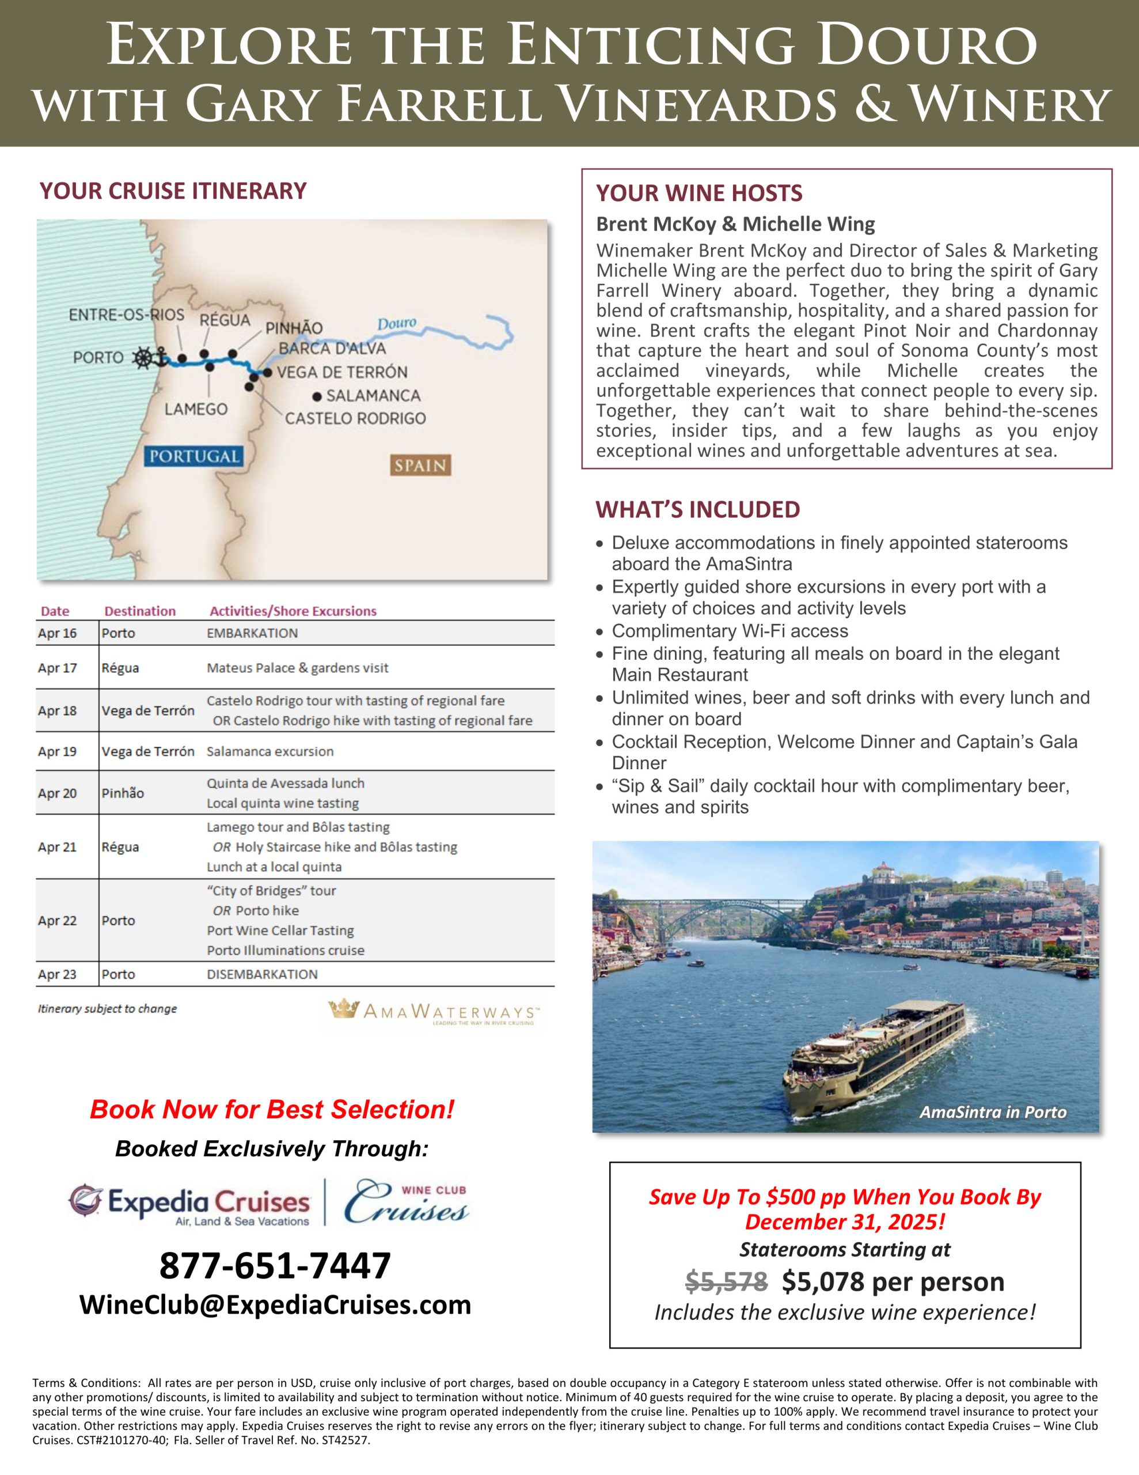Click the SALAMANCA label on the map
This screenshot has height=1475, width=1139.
pyautogui.click(x=373, y=396)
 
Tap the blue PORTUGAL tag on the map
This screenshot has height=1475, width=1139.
pyautogui.click(x=194, y=456)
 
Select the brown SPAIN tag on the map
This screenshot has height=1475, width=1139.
pyautogui.click(x=420, y=466)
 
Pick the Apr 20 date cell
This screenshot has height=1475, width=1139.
pyautogui.click(x=58, y=793)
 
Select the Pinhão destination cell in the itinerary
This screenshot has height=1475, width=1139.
pyautogui.click(x=122, y=793)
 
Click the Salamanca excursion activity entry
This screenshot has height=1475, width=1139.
pyautogui.click(x=270, y=751)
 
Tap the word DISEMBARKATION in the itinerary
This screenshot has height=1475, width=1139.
pyautogui.click(x=262, y=974)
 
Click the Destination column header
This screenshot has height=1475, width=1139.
pyautogui.click(x=140, y=611)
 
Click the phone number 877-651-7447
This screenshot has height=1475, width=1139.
pyautogui.click(x=275, y=1266)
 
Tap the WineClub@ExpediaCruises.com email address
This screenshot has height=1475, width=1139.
pyautogui.click(x=275, y=1304)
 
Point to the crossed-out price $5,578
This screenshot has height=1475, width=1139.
pyautogui.click(x=726, y=1281)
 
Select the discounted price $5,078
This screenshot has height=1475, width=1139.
pyautogui.click(x=822, y=1281)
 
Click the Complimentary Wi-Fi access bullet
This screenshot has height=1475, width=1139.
pyautogui.click(x=729, y=631)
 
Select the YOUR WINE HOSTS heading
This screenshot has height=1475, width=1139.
pyautogui.click(x=699, y=193)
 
